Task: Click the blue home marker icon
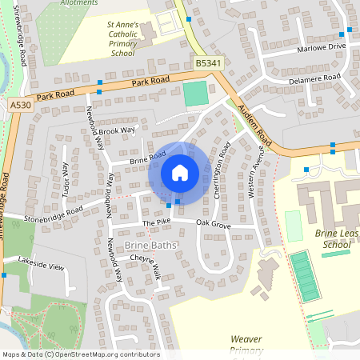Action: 180,173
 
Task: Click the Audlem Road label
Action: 254,126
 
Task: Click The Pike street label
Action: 157,223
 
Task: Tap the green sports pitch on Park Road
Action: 194,94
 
